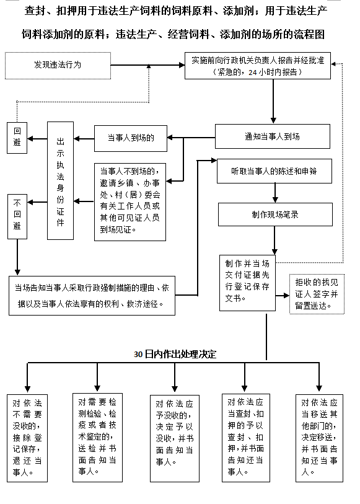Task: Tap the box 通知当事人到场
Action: pos(272,136)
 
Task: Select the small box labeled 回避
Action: pos(17,138)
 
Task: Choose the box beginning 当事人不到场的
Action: pos(130,201)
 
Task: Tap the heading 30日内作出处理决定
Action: pos(175,354)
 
